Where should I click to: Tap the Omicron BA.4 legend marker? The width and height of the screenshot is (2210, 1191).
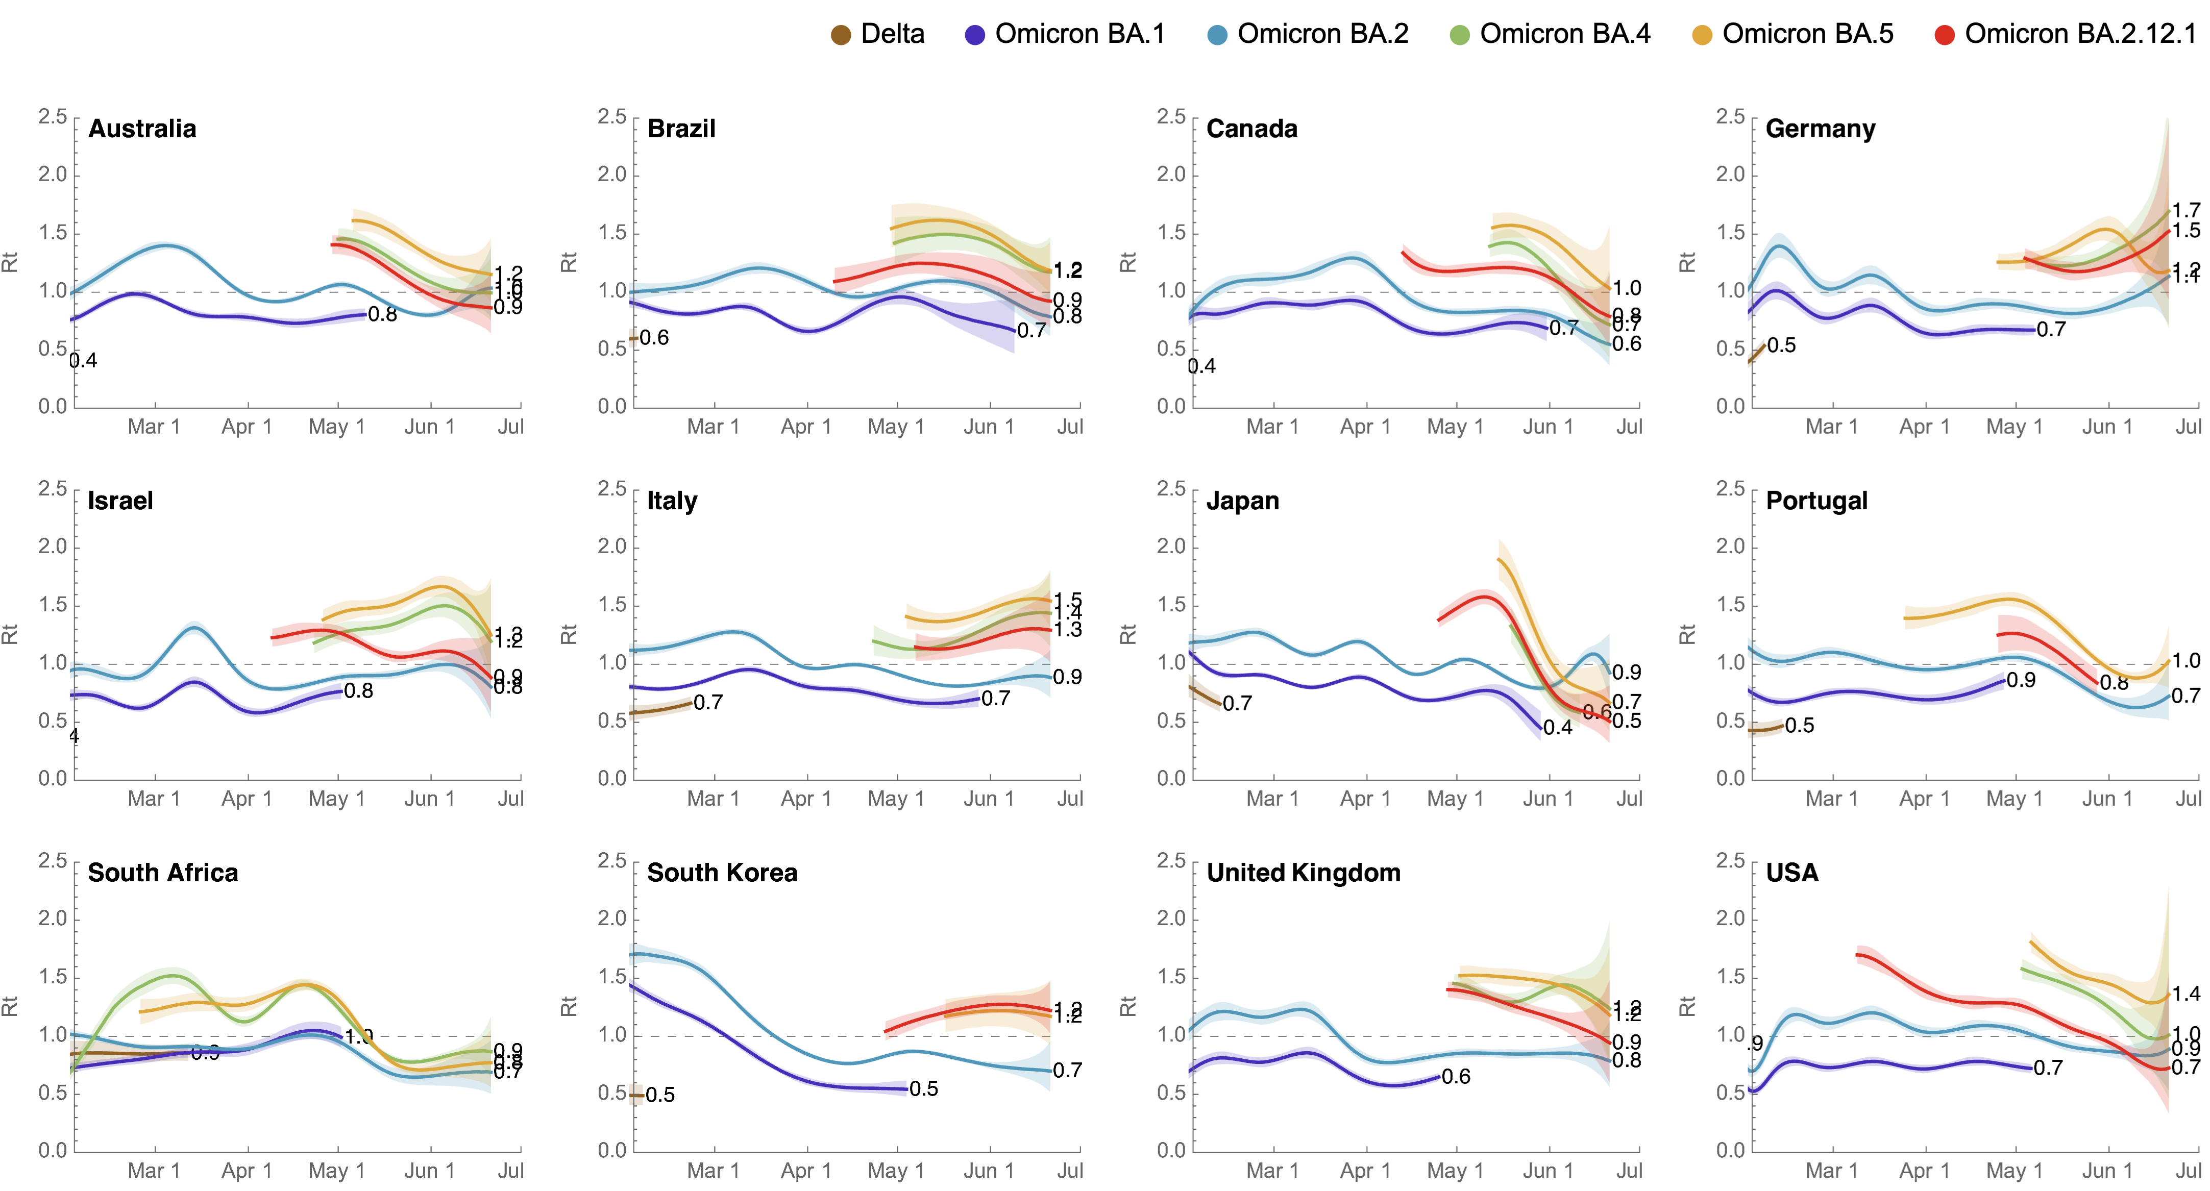(x=1459, y=35)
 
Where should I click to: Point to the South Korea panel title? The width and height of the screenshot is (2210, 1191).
(x=722, y=873)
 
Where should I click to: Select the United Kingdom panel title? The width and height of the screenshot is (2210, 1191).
(x=1303, y=873)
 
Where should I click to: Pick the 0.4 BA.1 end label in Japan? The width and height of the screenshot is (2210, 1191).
(x=1557, y=728)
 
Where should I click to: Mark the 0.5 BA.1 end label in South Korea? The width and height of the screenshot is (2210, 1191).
(x=923, y=1089)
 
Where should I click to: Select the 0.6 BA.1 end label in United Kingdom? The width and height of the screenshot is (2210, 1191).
(x=1456, y=1077)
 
